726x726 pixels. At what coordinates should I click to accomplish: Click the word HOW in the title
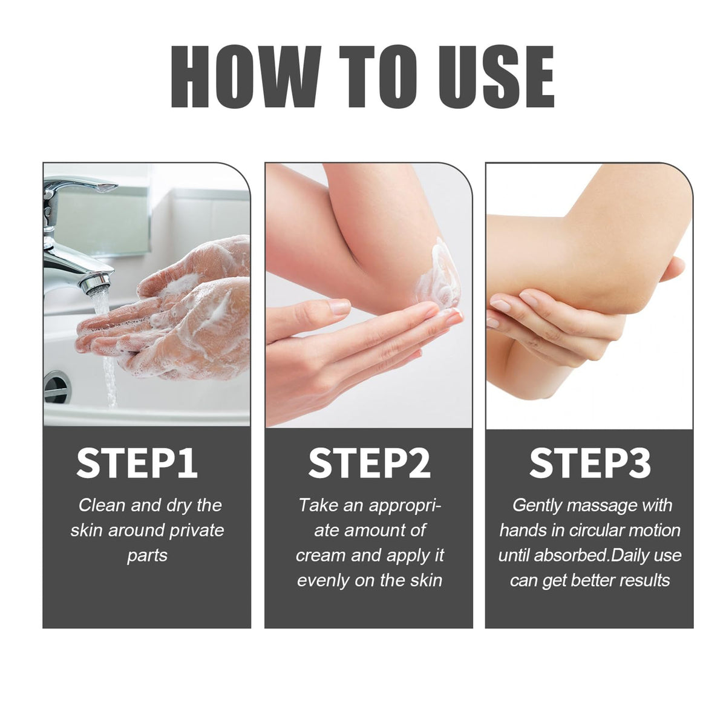246,76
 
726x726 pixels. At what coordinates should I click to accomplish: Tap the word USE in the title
497,76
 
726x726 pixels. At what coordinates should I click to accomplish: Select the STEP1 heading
137,463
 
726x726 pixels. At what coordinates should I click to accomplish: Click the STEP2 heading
369,463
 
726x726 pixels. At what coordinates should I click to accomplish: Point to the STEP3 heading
590,463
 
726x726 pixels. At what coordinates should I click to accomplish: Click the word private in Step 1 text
197,531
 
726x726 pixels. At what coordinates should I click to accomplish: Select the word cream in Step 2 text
320,556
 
